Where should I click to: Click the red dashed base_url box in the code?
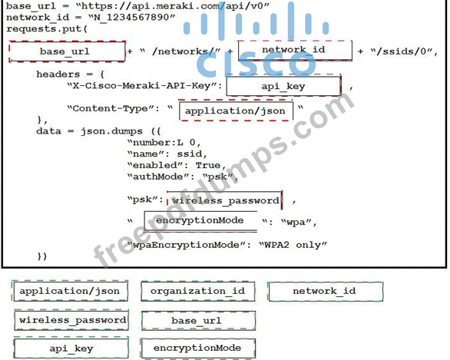coord(67,51)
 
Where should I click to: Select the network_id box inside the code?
coord(295,51)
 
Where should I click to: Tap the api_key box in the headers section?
coord(283,85)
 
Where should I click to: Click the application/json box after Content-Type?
coord(236,111)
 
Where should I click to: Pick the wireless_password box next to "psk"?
coord(225,200)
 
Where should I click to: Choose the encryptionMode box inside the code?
coord(200,221)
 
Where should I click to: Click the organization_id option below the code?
coord(197,291)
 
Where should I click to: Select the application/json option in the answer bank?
coord(70,291)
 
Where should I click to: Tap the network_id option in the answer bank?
coord(325,292)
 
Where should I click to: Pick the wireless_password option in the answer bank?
coord(71,320)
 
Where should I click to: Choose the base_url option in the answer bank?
coord(198,320)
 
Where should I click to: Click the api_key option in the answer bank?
coord(71,348)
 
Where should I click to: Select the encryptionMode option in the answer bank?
coord(197,348)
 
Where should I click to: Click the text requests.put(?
coord(47,28)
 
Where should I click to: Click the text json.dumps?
coord(111,131)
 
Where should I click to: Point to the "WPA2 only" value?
coord(293,245)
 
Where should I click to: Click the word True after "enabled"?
coord(208,166)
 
